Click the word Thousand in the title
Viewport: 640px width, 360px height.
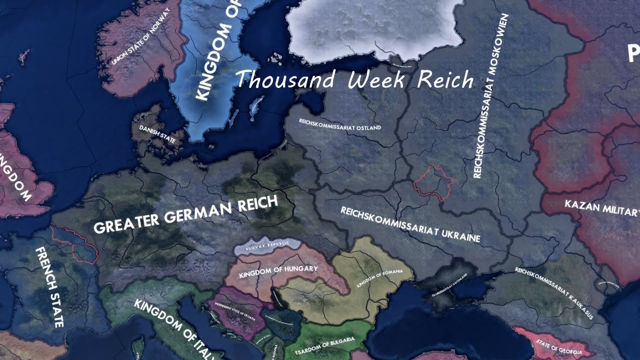(x=285, y=80)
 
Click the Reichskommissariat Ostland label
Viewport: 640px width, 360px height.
(x=339, y=124)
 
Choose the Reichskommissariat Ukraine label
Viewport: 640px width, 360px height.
(x=410, y=224)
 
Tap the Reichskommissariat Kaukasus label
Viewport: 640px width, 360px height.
(x=554, y=292)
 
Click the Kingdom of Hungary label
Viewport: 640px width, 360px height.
(x=278, y=272)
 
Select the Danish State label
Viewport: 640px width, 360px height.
(x=157, y=134)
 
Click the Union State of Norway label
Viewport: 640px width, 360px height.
(x=141, y=37)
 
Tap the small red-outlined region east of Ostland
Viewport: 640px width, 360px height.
(x=433, y=182)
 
